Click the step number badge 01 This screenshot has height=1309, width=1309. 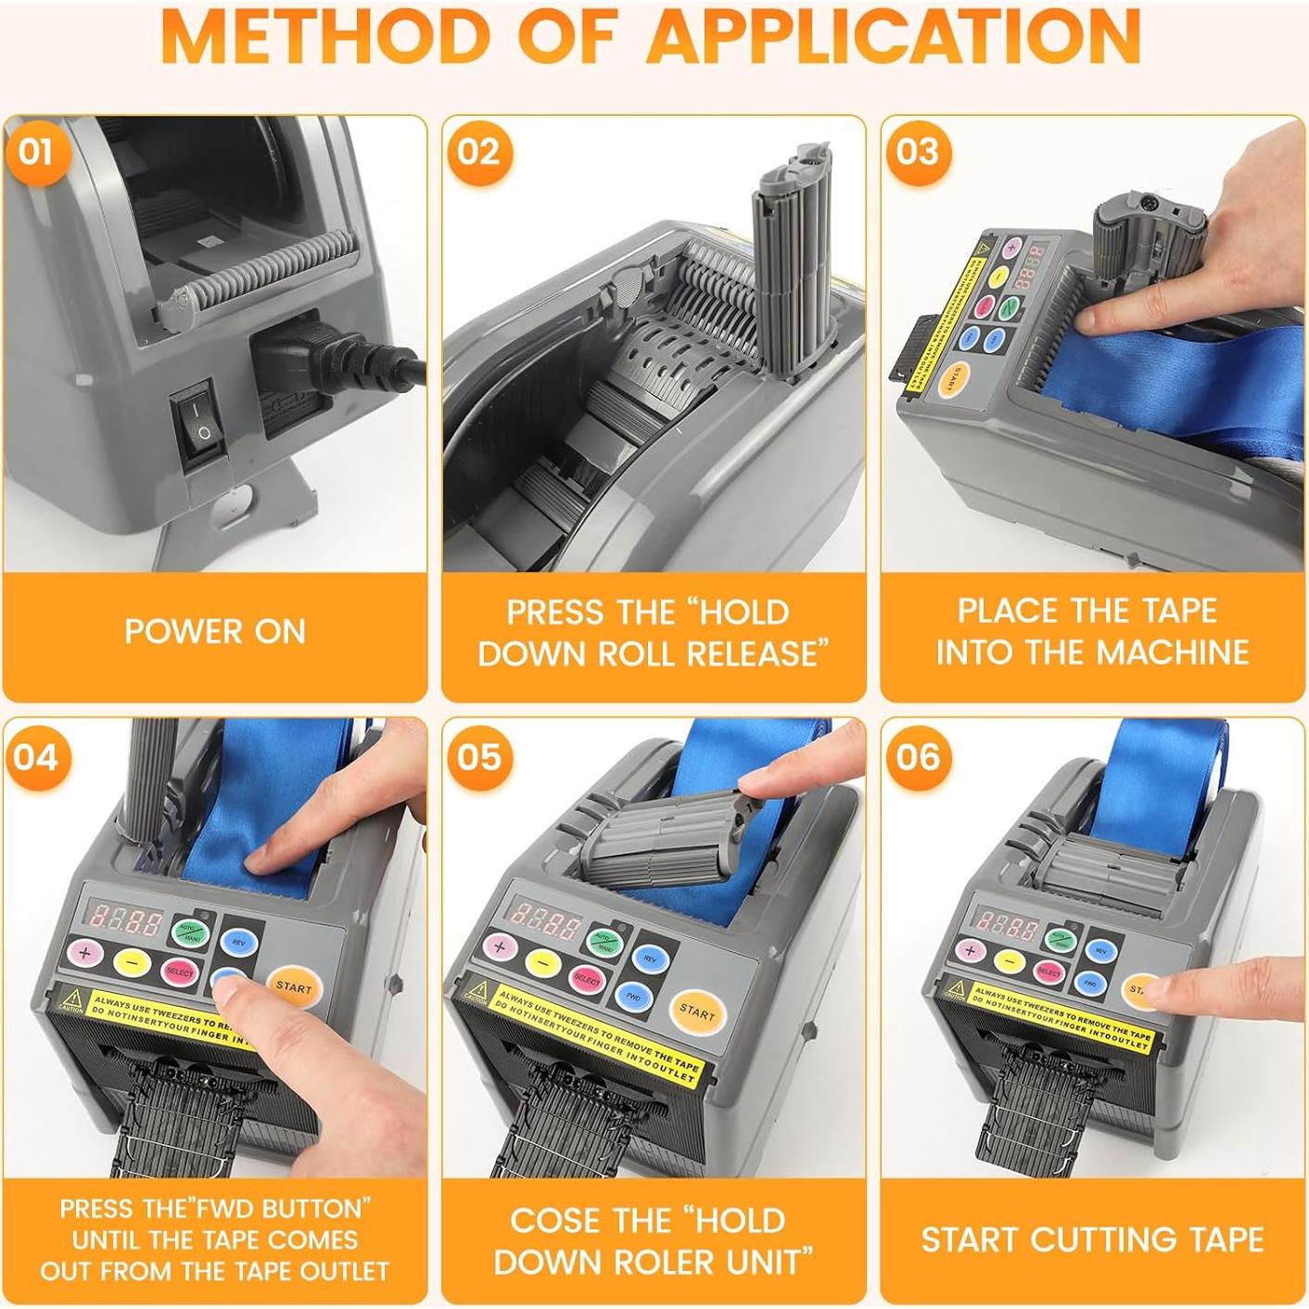point(36,152)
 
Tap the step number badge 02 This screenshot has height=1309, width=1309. point(477,152)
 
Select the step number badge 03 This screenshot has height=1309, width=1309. point(917,152)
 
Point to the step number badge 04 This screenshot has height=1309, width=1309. point(36,757)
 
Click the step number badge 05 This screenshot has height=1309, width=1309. point(477,757)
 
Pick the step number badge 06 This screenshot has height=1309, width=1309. point(917,757)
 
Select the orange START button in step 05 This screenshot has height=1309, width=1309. point(696,1012)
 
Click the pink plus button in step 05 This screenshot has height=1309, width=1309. point(500,947)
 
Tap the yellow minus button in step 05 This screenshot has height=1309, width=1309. point(544,963)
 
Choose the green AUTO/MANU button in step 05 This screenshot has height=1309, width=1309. point(606,943)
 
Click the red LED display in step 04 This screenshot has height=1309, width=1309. point(123,920)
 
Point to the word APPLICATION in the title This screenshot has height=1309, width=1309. point(893,37)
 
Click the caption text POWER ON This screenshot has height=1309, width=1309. point(215,632)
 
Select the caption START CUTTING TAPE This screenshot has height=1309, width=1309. point(1092,1239)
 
